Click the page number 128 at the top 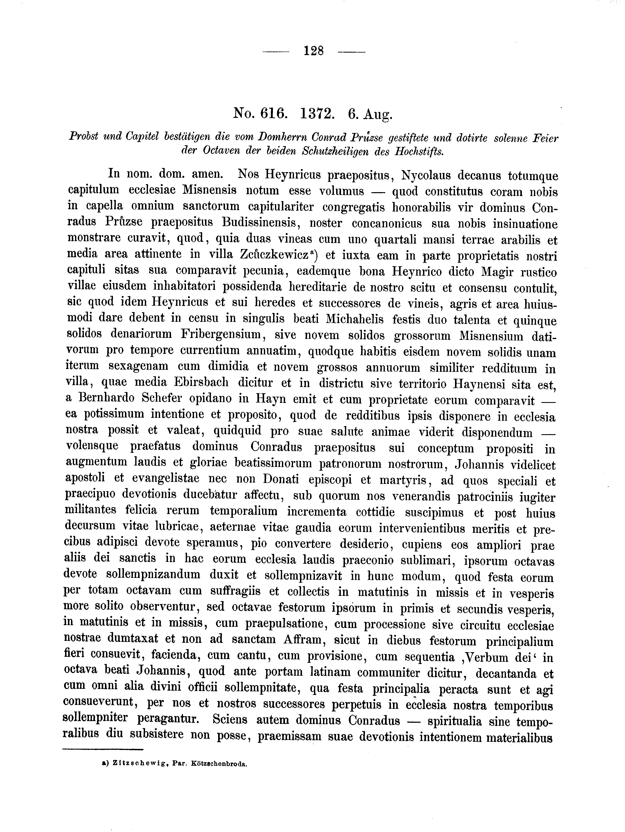click(x=314, y=50)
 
